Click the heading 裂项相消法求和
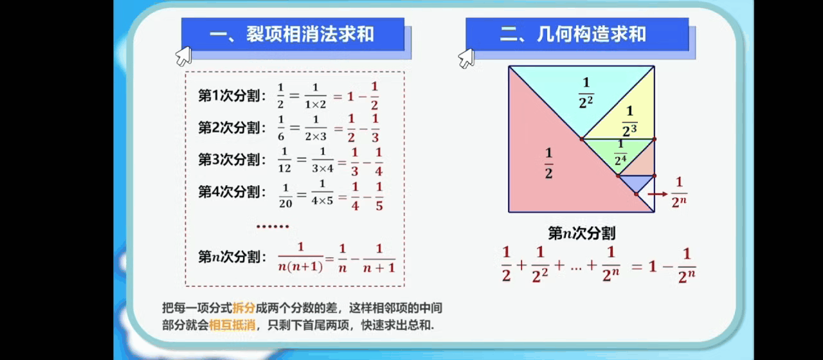point(310,34)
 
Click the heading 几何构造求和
point(591,34)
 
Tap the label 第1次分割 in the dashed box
point(230,96)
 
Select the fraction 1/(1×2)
point(315,96)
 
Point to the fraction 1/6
point(281,128)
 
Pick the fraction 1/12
point(284,160)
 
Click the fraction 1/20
point(285,195)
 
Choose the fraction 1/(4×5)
point(322,192)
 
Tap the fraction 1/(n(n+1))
point(300,257)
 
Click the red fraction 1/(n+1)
point(379,258)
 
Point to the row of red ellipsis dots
point(273,226)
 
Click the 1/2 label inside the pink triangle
point(548,163)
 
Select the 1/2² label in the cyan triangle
point(586,93)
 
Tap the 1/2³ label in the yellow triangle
point(629,121)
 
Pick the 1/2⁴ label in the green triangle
point(620,153)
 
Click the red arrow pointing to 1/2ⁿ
point(657,194)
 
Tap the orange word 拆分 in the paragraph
point(244,307)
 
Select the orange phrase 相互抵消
point(232,325)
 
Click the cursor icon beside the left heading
point(183,56)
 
